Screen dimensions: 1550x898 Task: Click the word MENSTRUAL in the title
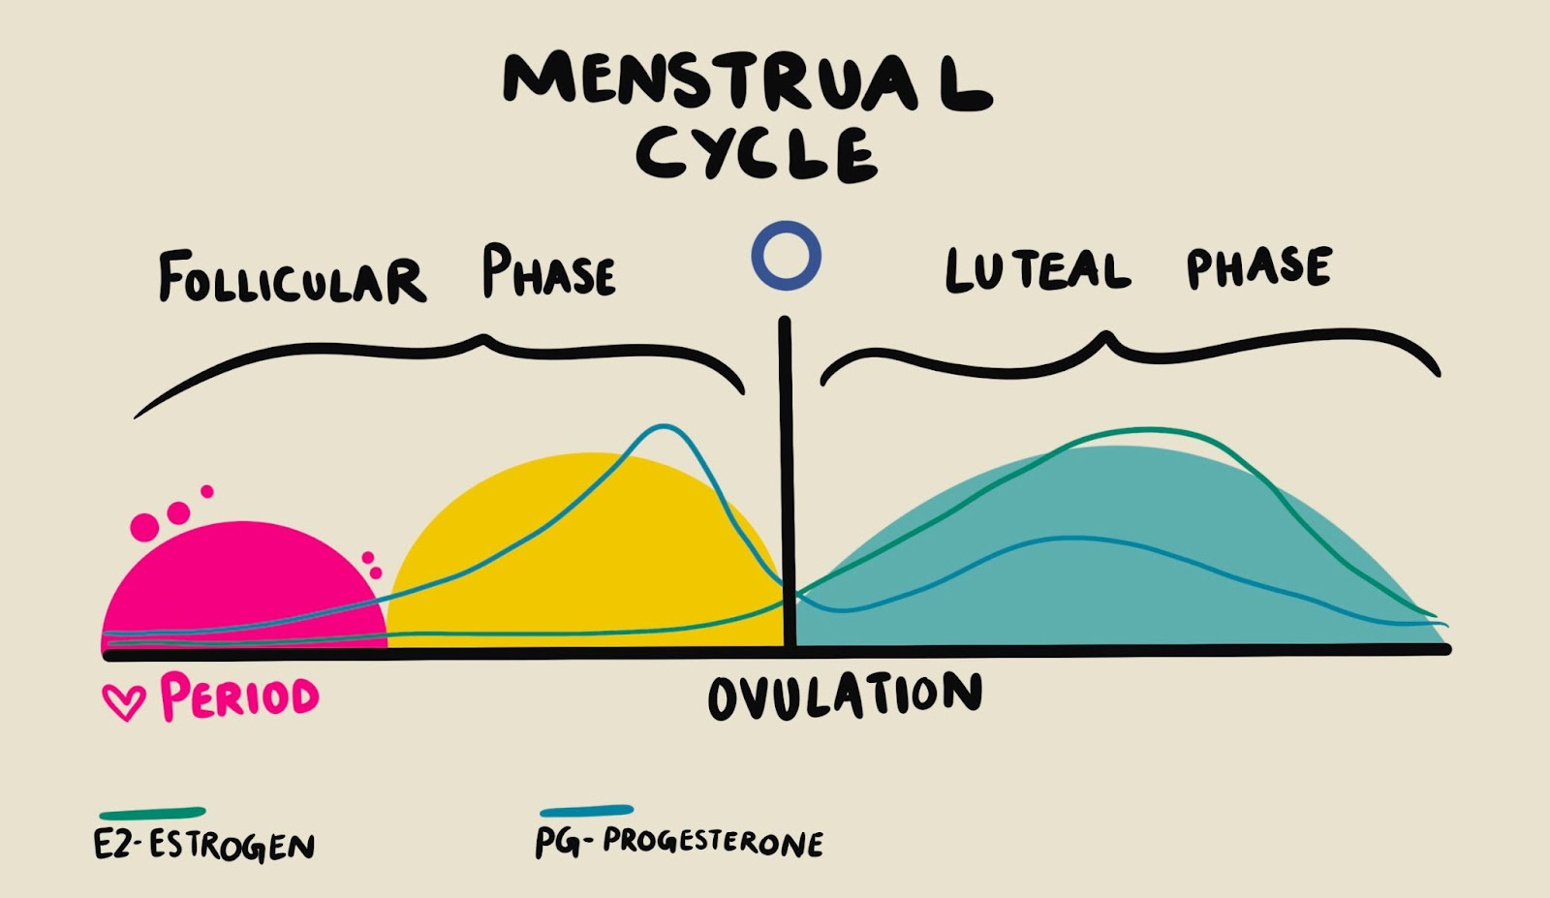click(x=747, y=81)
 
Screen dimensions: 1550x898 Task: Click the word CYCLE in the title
click(x=757, y=154)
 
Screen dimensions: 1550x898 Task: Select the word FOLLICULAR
click(x=292, y=277)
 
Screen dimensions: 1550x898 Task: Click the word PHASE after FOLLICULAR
click(x=548, y=270)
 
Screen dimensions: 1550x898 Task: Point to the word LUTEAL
click(x=1038, y=269)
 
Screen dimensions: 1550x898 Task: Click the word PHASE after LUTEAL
click(x=1258, y=265)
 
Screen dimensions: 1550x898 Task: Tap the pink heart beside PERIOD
click(x=124, y=701)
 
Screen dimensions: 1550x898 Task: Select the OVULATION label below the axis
click(x=845, y=696)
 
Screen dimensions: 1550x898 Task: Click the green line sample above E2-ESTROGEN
click(x=153, y=813)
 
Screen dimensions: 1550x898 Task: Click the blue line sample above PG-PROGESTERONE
click(x=586, y=811)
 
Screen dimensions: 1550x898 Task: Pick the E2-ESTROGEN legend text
click(x=204, y=845)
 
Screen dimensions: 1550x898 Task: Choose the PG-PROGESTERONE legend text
click(x=679, y=842)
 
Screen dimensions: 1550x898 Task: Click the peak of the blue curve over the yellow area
click(x=663, y=426)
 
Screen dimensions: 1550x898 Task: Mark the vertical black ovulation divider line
click(x=786, y=482)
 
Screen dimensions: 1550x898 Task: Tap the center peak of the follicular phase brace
click(x=484, y=338)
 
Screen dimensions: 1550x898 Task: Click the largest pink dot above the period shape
click(x=144, y=527)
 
